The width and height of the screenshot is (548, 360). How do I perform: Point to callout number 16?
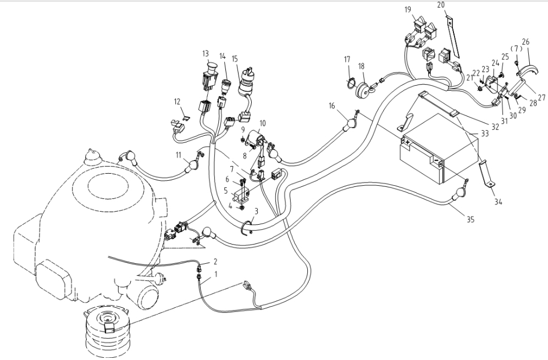(x=331, y=105)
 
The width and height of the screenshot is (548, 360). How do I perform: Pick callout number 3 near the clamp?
(x=256, y=212)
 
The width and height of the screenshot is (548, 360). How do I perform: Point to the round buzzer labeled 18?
(x=363, y=88)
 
